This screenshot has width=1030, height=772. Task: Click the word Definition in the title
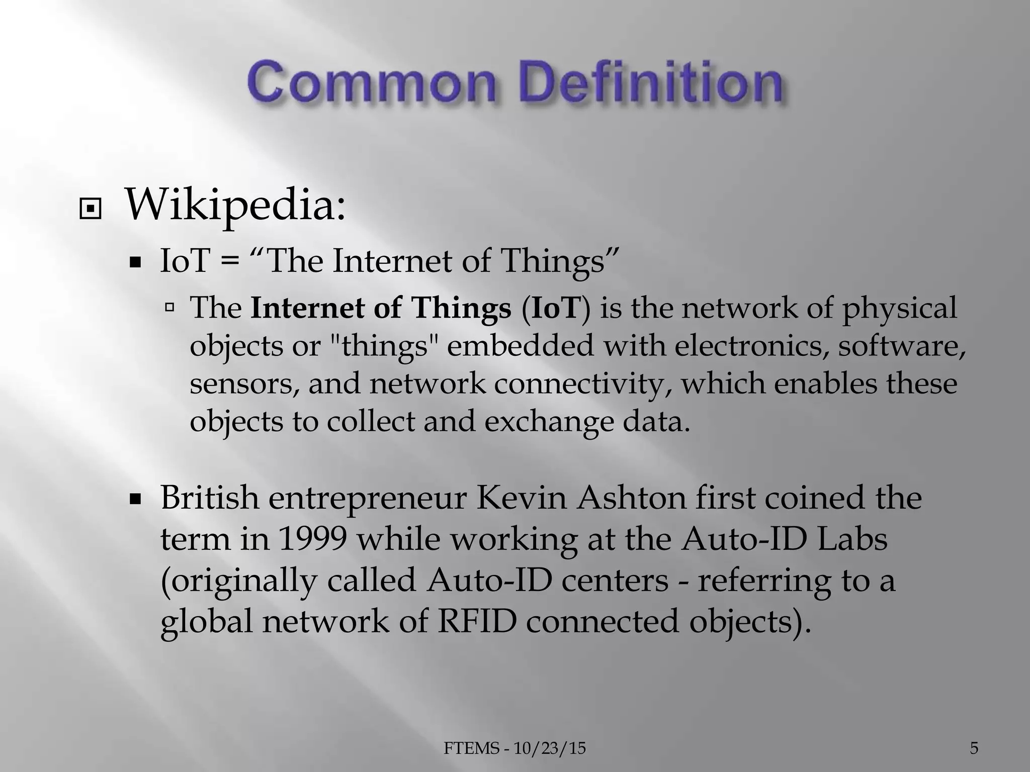(x=654, y=82)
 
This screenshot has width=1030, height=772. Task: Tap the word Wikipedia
(x=235, y=205)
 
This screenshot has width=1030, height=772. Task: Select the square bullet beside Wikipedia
(x=90, y=211)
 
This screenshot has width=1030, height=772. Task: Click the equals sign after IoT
(x=229, y=261)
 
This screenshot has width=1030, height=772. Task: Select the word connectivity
(x=583, y=384)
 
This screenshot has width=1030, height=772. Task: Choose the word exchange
(x=549, y=421)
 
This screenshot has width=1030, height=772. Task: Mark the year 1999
(x=312, y=539)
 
